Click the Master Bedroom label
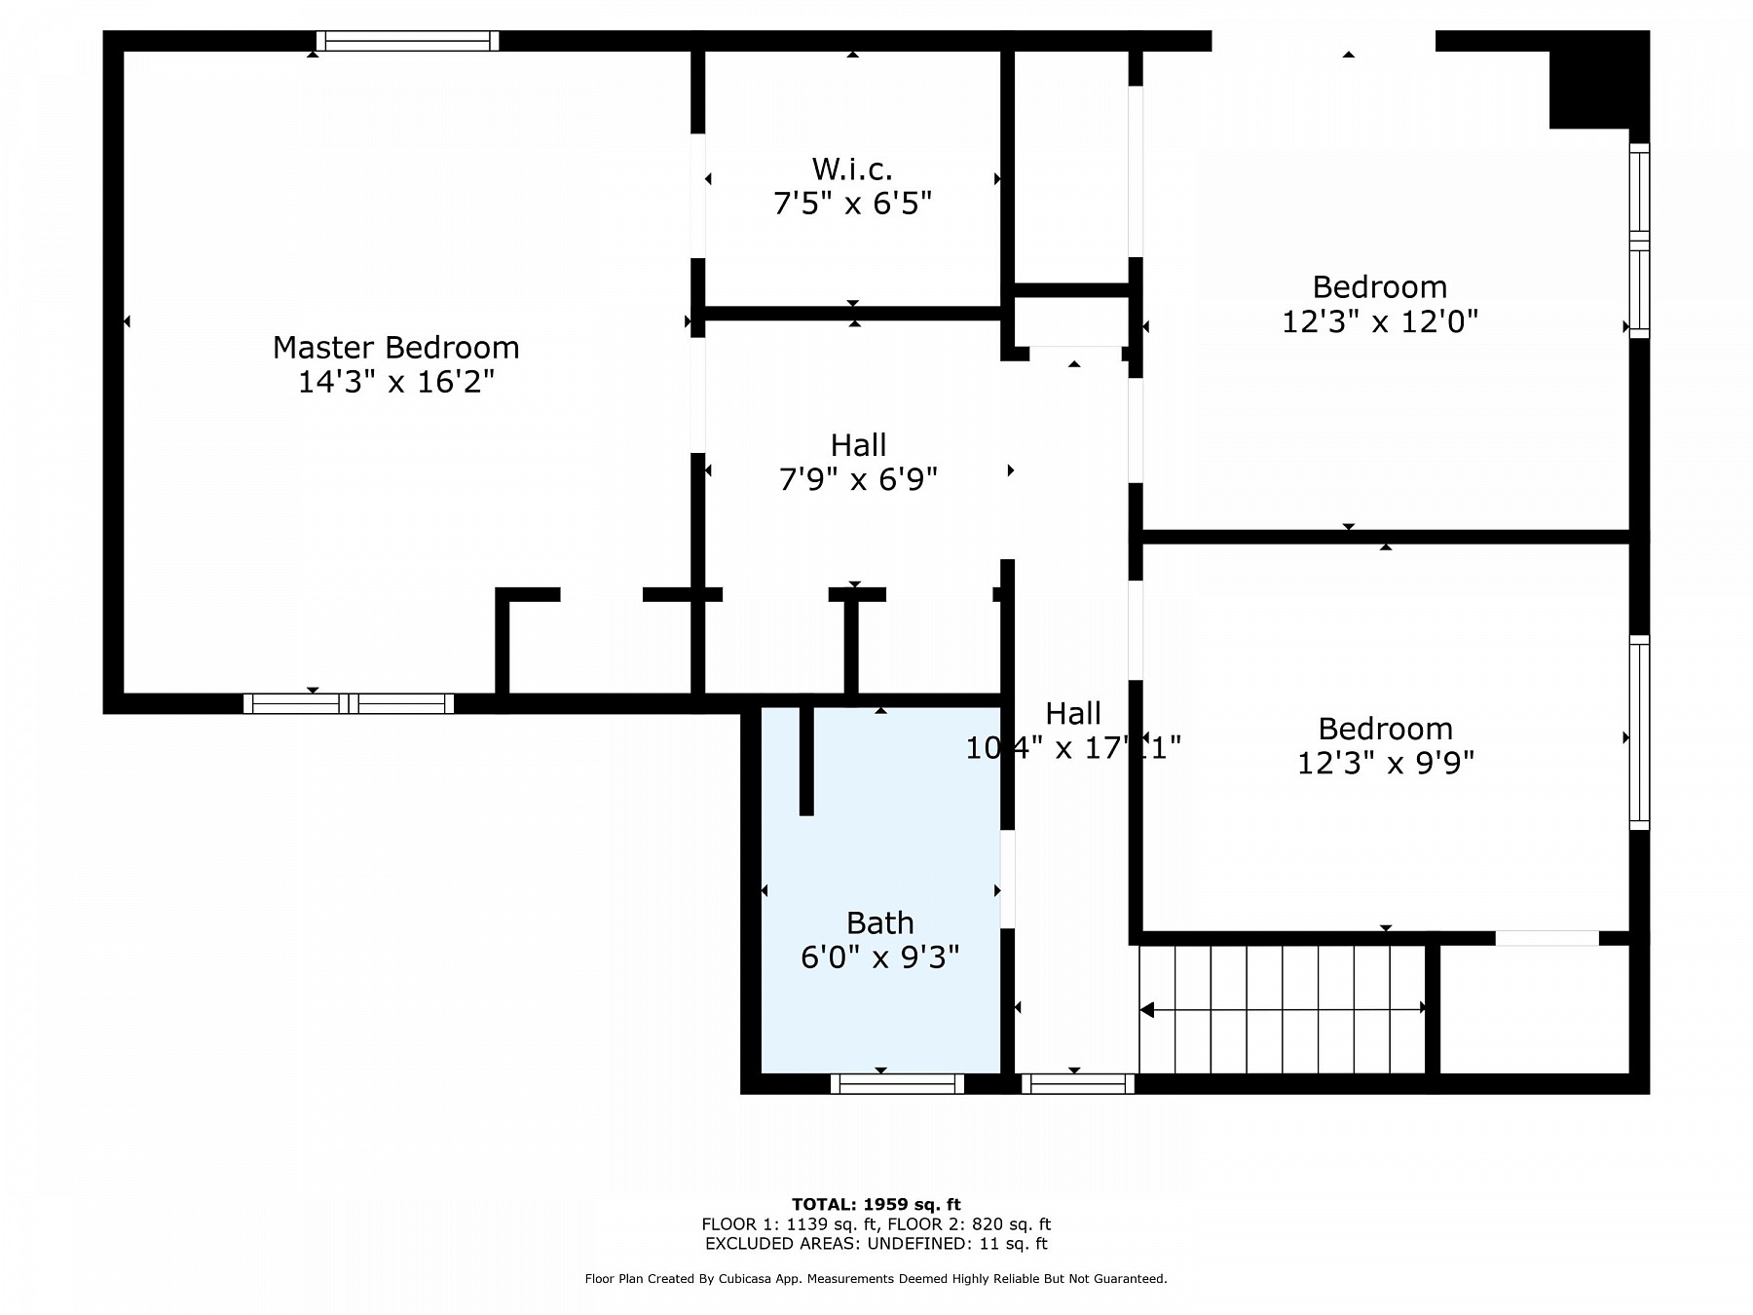(395, 347)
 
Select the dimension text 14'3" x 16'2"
(395, 381)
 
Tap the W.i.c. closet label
(852, 169)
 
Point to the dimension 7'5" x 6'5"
(852, 204)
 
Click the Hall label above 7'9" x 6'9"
(858, 445)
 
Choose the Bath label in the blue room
(879, 922)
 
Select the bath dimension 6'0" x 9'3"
(879, 957)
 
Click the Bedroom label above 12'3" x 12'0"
(1379, 287)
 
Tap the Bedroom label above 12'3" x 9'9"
(1385, 729)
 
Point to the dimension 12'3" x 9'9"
(1385, 762)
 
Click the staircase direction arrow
(1282, 1010)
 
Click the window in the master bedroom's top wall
(407, 41)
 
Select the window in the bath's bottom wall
(897, 1083)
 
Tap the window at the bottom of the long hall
(1077, 1083)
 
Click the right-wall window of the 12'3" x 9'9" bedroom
(1639, 733)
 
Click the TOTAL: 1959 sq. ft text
(876, 1204)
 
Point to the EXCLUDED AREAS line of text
(876, 1243)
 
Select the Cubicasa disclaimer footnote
(876, 1279)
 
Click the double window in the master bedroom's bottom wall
(349, 703)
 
